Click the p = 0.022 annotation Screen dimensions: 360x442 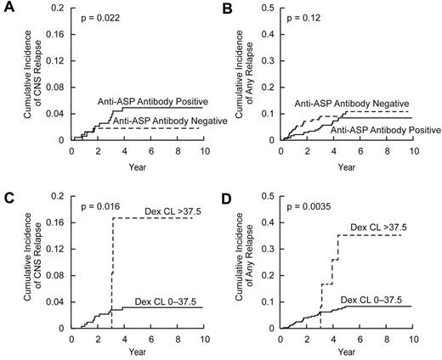(99, 17)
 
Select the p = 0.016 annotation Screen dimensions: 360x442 (99, 205)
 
